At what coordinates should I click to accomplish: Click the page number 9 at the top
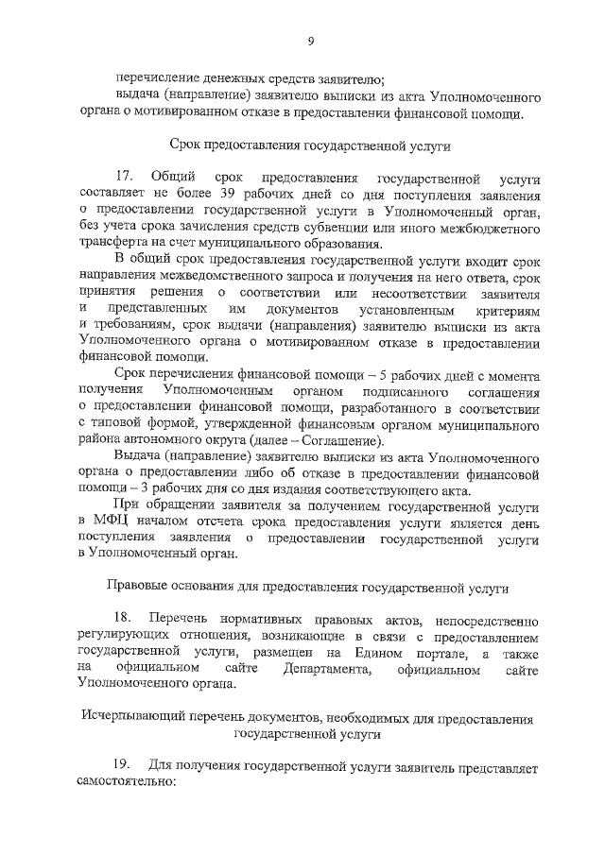310,40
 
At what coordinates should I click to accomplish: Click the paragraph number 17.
124,178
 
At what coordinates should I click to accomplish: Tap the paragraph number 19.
124,762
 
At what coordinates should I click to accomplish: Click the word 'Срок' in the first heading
186,145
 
